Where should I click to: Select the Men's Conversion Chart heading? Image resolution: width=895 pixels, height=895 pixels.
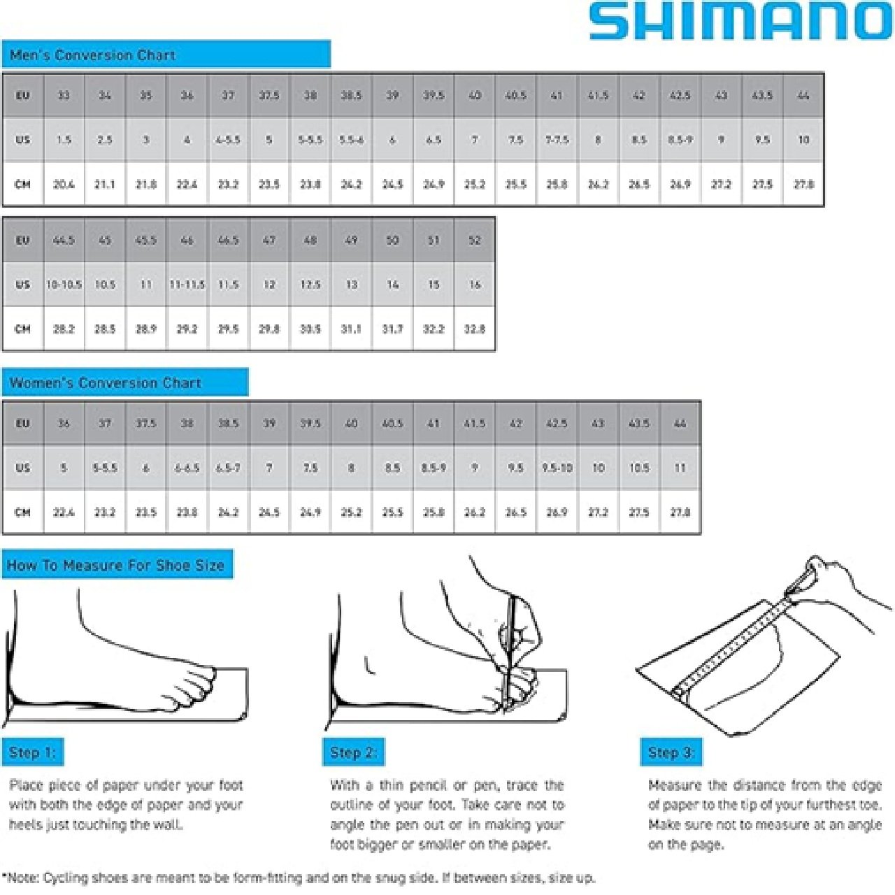pyautogui.click(x=92, y=55)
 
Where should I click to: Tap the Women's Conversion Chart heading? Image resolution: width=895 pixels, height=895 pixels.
pyautogui.click(x=106, y=383)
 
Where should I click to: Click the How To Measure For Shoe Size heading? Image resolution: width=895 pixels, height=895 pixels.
pyautogui.click(x=116, y=565)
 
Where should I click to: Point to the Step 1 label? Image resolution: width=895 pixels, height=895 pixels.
pyautogui.click(x=32, y=752)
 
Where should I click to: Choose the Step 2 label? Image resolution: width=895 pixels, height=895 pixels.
pyautogui.click(x=353, y=752)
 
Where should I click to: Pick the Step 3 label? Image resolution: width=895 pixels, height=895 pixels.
pyautogui.click(x=671, y=752)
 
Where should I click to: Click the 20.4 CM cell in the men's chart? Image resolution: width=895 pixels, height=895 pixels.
pyautogui.click(x=64, y=185)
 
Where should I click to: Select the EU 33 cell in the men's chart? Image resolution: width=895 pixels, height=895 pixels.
pyautogui.click(x=64, y=95)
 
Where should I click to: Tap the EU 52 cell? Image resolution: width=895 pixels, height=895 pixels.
pyautogui.click(x=475, y=240)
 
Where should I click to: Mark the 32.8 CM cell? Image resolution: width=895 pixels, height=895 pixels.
pyautogui.click(x=475, y=329)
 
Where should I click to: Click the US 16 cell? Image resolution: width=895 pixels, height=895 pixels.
pyautogui.click(x=475, y=285)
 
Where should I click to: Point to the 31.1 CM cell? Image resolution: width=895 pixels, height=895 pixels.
pyautogui.click(x=351, y=329)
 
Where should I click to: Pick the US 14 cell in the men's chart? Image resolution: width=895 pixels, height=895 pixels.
pyautogui.click(x=392, y=285)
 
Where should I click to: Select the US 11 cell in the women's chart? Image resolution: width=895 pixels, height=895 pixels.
pyautogui.click(x=680, y=468)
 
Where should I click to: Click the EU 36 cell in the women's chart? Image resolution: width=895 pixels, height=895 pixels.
pyautogui.click(x=64, y=423)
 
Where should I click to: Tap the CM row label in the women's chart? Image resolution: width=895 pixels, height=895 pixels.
pyautogui.click(x=23, y=512)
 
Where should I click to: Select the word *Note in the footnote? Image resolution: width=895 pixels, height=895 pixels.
pyautogui.click(x=20, y=878)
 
